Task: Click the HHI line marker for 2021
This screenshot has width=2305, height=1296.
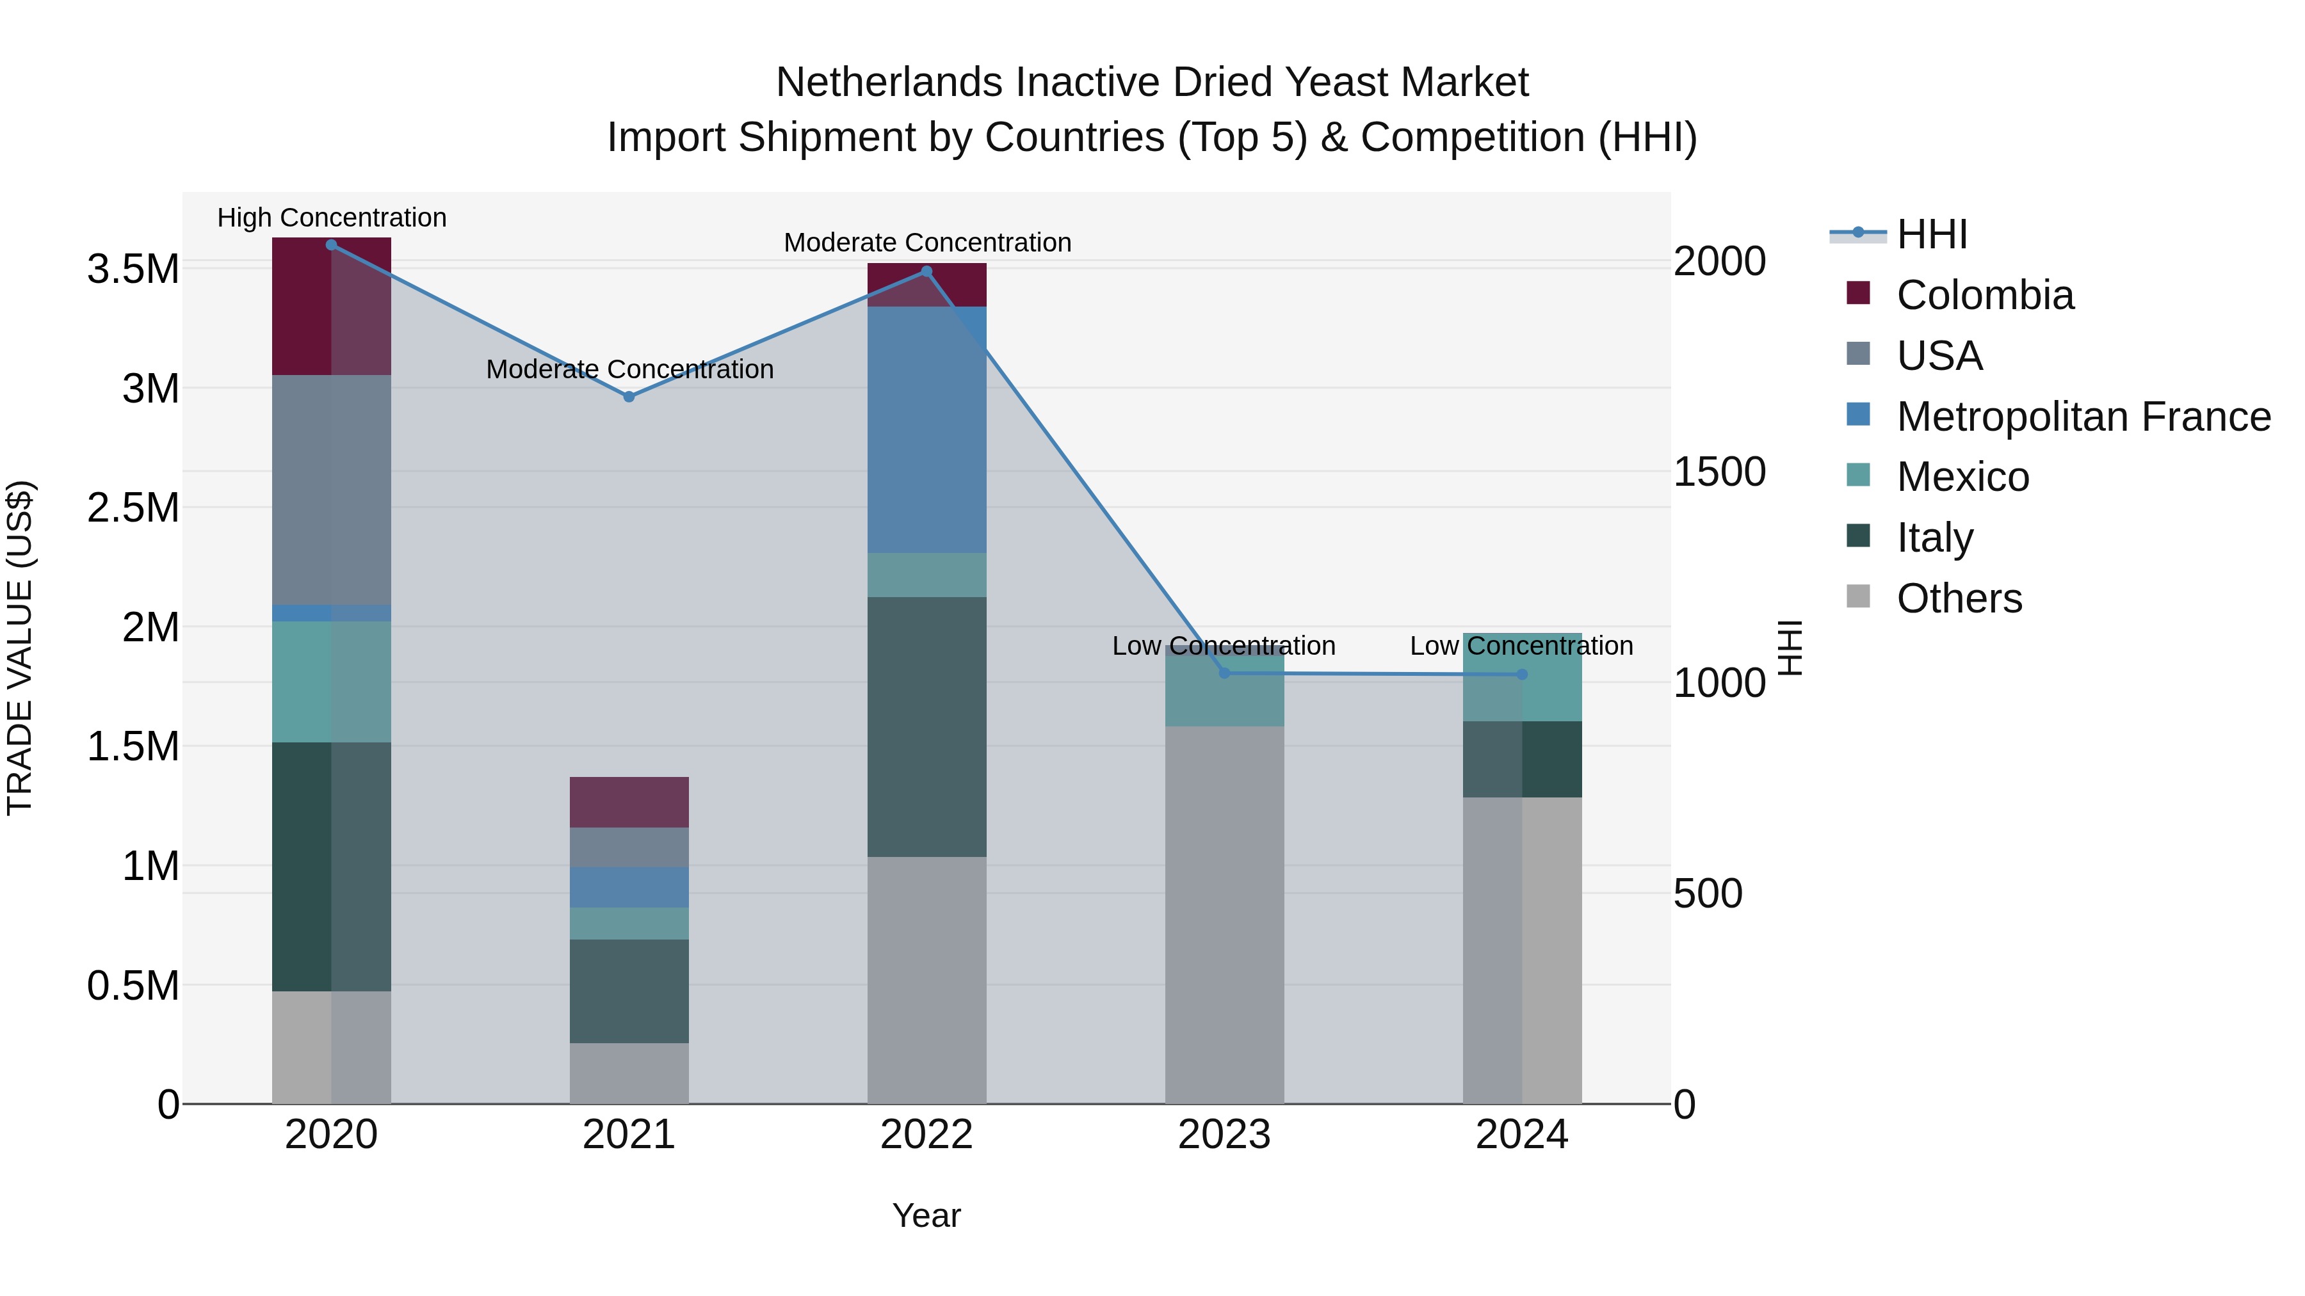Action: point(629,397)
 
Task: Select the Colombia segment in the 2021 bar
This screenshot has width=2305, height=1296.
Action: point(629,803)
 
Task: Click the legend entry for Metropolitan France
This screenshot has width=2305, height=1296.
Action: point(2082,417)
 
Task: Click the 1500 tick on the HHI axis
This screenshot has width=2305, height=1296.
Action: point(1719,472)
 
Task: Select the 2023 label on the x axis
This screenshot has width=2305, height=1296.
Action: point(1224,1135)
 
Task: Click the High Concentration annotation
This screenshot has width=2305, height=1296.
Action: point(331,218)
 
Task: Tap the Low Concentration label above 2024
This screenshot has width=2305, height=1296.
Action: point(1521,646)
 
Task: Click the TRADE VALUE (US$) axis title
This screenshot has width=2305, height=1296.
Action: point(20,648)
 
